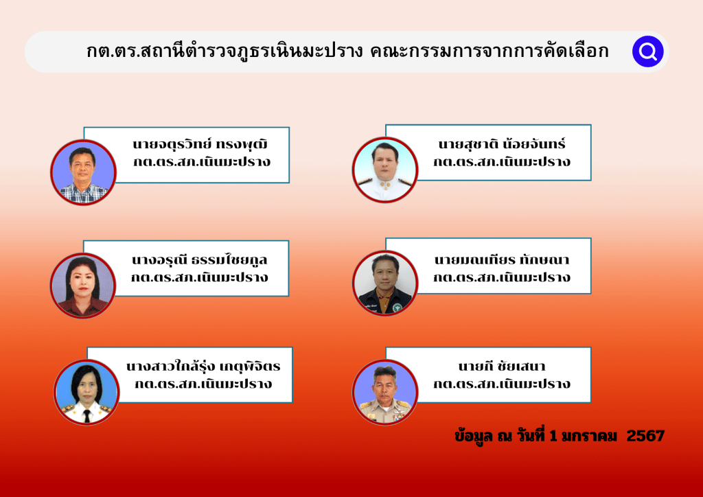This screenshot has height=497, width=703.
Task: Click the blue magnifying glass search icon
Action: click(x=648, y=51)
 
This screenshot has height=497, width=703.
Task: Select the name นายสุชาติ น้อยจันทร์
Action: click(x=502, y=143)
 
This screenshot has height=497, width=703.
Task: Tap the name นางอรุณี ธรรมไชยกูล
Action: click(x=200, y=259)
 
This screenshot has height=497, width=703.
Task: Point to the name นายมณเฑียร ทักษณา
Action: click(x=502, y=259)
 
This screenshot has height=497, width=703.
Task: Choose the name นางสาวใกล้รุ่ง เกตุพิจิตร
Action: click(x=203, y=366)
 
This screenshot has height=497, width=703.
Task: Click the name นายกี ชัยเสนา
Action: click(x=502, y=366)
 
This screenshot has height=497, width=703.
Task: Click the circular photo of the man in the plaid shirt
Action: click(x=83, y=172)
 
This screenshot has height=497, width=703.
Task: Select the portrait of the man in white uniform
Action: click(x=385, y=170)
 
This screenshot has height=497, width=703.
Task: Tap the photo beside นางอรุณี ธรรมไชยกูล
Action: click(x=83, y=286)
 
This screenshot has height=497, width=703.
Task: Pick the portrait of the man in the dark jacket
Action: click(x=385, y=283)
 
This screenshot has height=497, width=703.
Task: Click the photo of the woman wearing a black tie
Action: click(x=87, y=392)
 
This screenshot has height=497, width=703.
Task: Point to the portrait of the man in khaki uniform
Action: click(x=385, y=392)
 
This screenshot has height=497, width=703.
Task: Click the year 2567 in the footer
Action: click(x=645, y=435)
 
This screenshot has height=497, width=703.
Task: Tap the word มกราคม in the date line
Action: click(x=589, y=436)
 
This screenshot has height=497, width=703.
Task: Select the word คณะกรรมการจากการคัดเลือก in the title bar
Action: click(x=489, y=51)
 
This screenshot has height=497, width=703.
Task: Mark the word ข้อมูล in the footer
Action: click(x=474, y=436)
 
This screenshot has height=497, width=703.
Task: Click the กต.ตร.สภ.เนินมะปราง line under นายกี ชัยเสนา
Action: click(x=502, y=384)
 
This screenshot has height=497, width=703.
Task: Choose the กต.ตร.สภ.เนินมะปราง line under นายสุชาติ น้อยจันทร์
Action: click(x=502, y=161)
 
